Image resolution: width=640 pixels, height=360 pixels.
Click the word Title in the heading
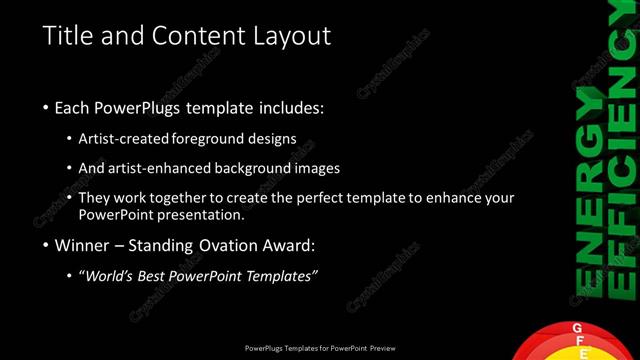66,36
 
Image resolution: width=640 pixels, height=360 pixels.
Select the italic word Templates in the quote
281,276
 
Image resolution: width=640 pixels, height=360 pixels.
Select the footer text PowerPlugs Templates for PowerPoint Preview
320,348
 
